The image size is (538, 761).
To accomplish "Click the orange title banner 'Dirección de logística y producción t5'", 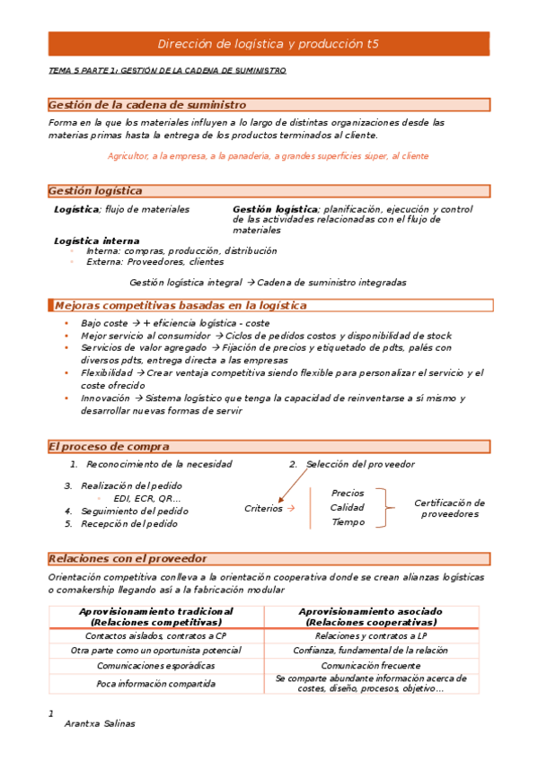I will pos(269,43).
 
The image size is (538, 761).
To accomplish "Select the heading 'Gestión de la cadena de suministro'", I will pos(147,105).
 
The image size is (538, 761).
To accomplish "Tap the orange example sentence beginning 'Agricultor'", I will pos(268,155).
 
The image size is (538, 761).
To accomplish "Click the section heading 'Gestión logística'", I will pos(95,190).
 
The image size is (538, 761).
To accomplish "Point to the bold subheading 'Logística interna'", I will pos(96,241).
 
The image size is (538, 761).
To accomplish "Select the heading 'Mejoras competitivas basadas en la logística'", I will pos(181,305).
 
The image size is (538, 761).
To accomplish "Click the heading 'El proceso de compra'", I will pos(109,446).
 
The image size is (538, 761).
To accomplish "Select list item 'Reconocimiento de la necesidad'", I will pos(159,464).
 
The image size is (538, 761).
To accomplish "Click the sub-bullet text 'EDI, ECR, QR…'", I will pos(147,498).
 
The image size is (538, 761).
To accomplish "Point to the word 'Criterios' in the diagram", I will pos(263,508).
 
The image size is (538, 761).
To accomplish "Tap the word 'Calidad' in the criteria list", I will pos(348,507).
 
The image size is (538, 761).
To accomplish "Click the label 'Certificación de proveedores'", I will pos(450,508).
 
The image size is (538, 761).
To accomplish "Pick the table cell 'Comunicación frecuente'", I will pos(370,666).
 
